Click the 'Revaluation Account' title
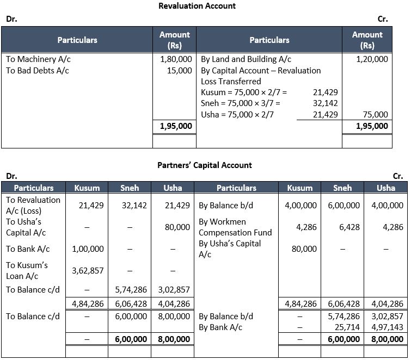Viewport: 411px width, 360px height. coord(197,6)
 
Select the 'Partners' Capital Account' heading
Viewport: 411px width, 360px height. coord(205,165)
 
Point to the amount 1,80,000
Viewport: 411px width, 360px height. coord(176,59)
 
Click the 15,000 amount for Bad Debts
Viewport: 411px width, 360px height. coord(180,71)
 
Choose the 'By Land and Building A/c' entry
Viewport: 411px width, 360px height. coord(246,59)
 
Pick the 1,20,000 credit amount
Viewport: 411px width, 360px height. coord(372,59)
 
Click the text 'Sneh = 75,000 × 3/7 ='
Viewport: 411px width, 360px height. coord(241,103)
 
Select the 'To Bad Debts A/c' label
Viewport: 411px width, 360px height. coord(37,71)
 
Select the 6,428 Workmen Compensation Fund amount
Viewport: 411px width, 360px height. coord(349,227)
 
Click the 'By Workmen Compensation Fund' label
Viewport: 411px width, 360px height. coord(235,227)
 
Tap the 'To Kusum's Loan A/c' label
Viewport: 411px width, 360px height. coord(27,270)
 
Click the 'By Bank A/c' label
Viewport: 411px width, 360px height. coord(220,327)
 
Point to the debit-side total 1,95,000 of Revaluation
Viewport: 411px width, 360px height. coord(175,126)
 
